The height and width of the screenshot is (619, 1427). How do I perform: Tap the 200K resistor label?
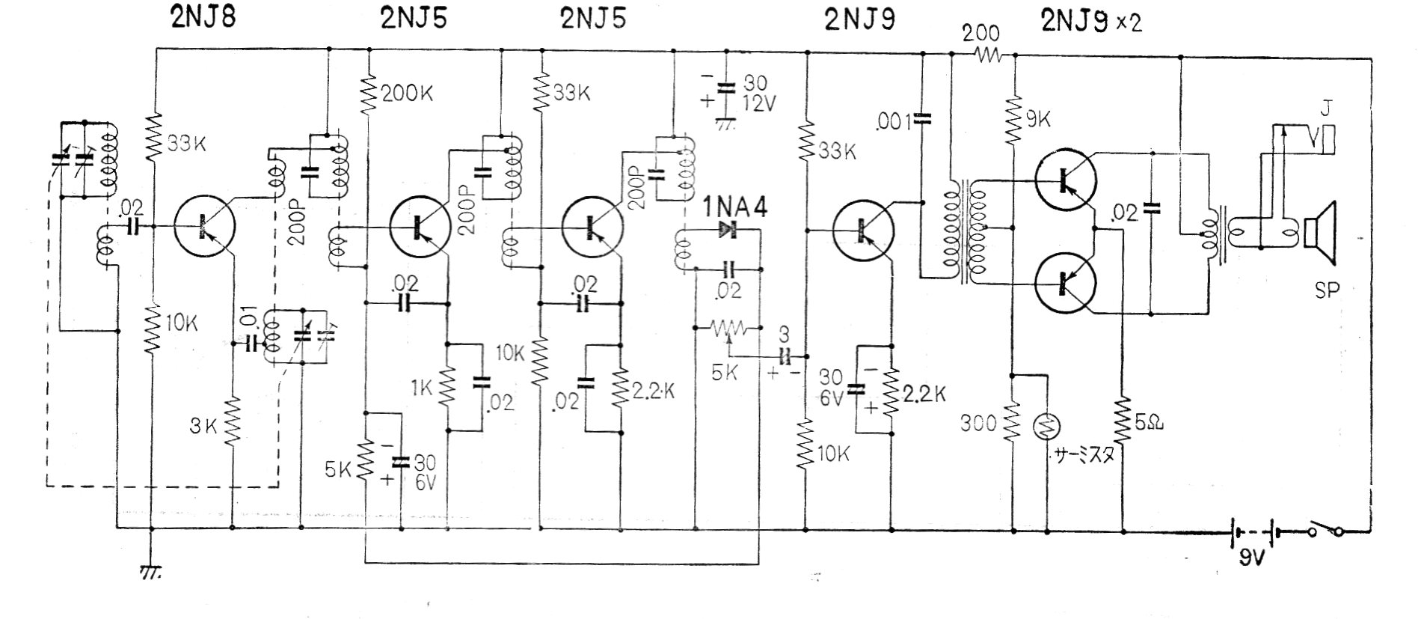[408, 94]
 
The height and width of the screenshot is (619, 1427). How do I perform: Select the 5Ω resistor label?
[1150, 424]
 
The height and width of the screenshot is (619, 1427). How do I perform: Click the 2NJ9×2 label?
[1091, 22]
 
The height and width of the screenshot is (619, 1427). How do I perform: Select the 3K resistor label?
[203, 427]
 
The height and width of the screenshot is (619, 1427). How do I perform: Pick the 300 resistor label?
[979, 424]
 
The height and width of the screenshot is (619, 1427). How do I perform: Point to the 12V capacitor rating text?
[759, 104]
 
